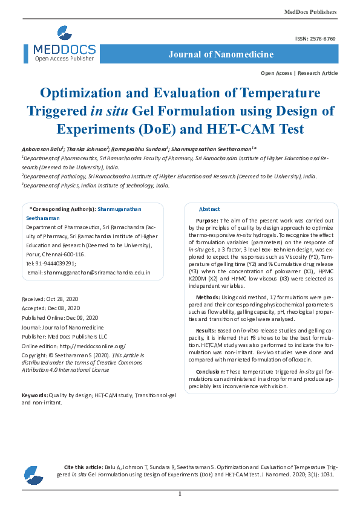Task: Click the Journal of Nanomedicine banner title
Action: point(221,54)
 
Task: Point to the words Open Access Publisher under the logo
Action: point(64,59)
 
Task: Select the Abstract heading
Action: point(209,209)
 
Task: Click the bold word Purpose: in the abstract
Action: point(207,221)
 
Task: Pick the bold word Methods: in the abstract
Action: point(207,297)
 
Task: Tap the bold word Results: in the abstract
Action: point(206,331)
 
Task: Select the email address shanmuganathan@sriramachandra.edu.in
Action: point(90,273)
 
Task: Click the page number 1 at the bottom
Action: point(180,494)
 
